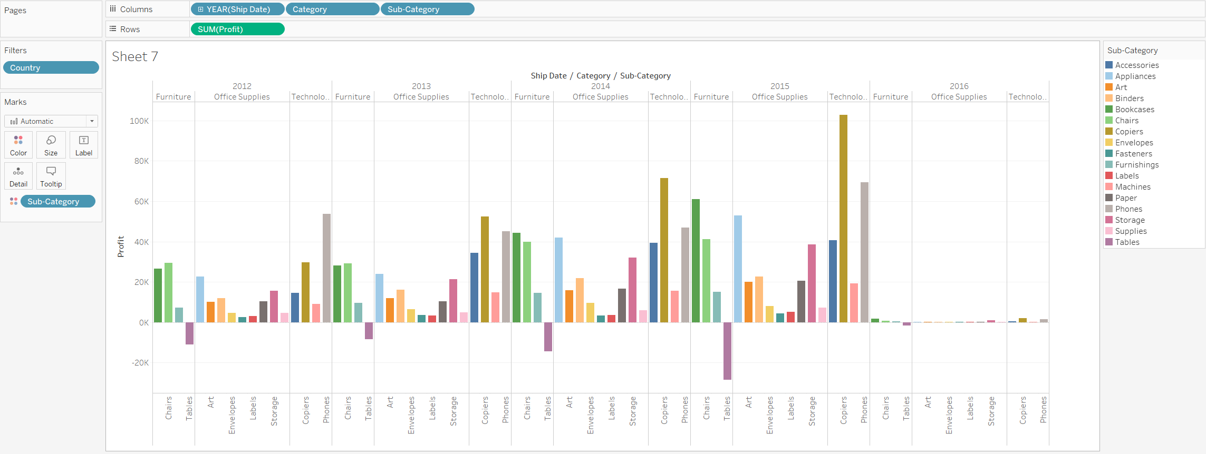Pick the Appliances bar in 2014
pyautogui.click(x=558, y=280)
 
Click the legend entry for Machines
pyautogui.click(x=1132, y=187)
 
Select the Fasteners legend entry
pyautogui.click(x=1133, y=154)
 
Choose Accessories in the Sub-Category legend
pyautogui.click(x=1136, y=65)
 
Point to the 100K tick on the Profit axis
pyautogui.click(x=139, y=121)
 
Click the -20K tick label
pyautogui.click(x=140, y=363)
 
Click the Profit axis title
pyautogui.click(x=121, y=246)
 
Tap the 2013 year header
pyautogui.click(x=421, y=86)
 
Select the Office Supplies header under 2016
pyautogui.click(x=959, y=97)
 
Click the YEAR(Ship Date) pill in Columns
pyautogui.click(x=238, y=9)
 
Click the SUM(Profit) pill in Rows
pyautogui.click(x=237, y=29)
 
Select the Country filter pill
pyautogui.click(x=51, y=68)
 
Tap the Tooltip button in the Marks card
pyautogui.click(x=51, y=176)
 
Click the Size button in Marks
pyautogui.click(x=51, y=145)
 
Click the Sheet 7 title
pyautogui.click(x=135, y=57)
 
